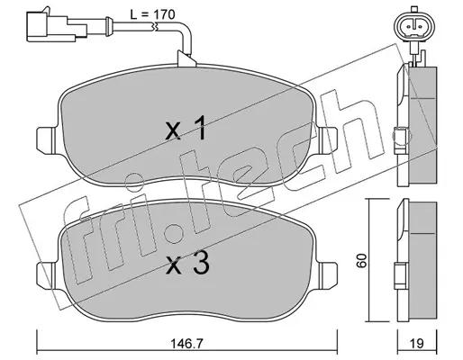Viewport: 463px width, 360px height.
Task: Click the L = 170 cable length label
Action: pyautogui.click(x=152, y=14)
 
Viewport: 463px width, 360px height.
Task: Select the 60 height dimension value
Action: pyautogui.click(x=362, y=260)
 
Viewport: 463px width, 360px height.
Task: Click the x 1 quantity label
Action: pyautogui.click(x=186, y=130)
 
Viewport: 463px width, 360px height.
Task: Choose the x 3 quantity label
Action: pyautogui.click(x=187, y=263)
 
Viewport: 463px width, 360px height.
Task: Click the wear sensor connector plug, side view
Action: pyautogui.click(x=57, y=26)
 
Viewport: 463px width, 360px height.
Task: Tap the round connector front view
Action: pyautogui.click(x=413, y=26)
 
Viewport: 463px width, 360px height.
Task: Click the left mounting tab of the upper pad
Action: pyautogui.click(x=46, y=139)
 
